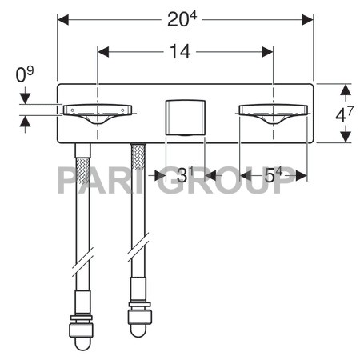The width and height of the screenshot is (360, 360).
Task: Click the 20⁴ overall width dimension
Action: click(182, 18)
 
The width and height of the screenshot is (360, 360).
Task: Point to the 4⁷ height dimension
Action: click(343, 114)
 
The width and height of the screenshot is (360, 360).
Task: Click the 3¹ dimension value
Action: click(185, 175)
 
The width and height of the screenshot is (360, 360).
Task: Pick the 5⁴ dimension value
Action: click(274, 175)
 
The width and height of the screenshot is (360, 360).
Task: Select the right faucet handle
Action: click(272, 113)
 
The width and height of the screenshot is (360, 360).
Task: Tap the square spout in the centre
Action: click(185, 118)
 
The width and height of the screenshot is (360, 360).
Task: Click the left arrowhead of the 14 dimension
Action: click(102, 52)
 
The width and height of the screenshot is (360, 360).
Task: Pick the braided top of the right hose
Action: click(138, 160)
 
